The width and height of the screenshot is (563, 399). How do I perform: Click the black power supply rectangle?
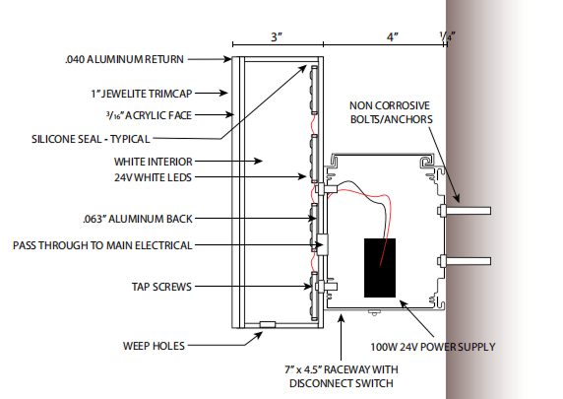pos(380,268)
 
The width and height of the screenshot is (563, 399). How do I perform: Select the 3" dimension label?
pos(277,37)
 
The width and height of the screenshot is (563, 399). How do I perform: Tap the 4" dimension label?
pos(393,37)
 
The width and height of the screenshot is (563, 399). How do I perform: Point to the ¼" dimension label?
pos(448,36)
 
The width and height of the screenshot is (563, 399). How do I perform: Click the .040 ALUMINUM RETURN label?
pos(124,59)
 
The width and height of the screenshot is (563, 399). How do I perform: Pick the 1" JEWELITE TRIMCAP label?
pos(142,94)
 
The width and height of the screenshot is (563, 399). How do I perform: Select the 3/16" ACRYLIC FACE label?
pos(149,115)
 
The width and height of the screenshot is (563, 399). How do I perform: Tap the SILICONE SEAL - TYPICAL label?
pos(91,139)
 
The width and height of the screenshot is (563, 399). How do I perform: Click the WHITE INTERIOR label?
pos(153,162)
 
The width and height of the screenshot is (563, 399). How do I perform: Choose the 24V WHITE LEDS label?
pos(153,177)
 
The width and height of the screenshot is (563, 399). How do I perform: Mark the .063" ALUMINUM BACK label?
pos(138,219)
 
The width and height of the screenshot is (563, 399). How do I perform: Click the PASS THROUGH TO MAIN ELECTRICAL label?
pos(102,245)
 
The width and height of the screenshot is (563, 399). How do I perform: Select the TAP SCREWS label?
pos(161,287)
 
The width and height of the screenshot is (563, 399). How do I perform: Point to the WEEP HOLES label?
pos(154,346)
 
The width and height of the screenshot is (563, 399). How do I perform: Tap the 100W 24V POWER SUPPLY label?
pos(433,347)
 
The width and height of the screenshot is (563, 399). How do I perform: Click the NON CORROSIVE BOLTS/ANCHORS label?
pos(391,112)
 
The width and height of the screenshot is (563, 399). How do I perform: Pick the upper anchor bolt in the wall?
pos(464,211)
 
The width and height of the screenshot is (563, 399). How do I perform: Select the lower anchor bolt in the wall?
pos(464,261)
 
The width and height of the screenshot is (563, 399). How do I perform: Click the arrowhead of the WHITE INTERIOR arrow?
pos(258,161)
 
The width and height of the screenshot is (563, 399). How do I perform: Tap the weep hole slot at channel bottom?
pos(268,324)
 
